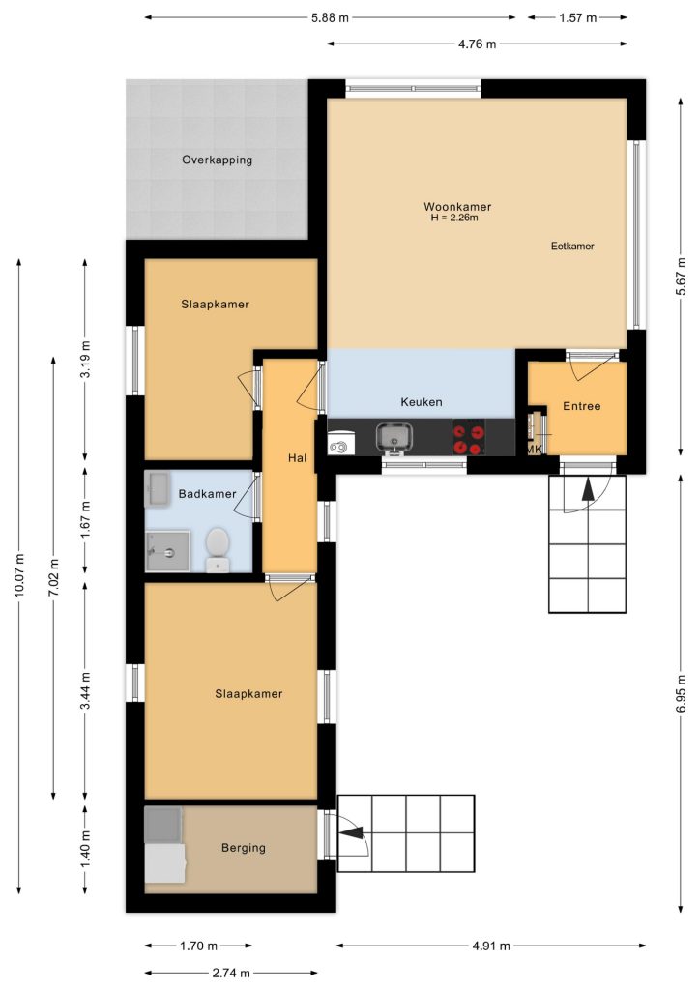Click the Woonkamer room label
pyautogui.click(x=457, y=207)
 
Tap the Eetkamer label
pyautogui.click(x=572, y=247)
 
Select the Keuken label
pyautogui.click(x=421, y=401)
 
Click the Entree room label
pyautogui.click(x=581, y=406)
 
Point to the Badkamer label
pyautogui.click(x=207, y=494)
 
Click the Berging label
pyautogui.click(x=243, y=847)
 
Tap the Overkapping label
pyautogui.click(x=218, y=160)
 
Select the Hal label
pyautogui.click(x=297, y=457)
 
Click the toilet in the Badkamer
pyautogui.click(x=218, y=550)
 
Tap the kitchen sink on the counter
pyautogui.click(x=394, y=438)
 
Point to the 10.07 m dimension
pyautogui.click(x=19, y=575)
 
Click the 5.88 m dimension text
pyautogui.click(x=330, y=17)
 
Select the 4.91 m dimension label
pyautogui.click(x=491, y=946)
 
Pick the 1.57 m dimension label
pyautogui.click(x=577, y=17)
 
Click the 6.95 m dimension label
pyautogui.click(x=681, y=694)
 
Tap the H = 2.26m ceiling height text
pyautogui.click(x=454, y=218)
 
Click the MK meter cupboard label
pyautogui.click(x=534, y=450)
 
